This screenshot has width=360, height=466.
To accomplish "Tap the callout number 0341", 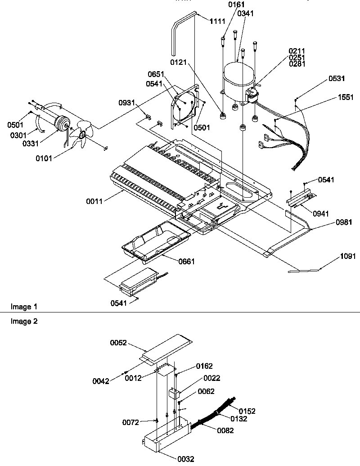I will click(246, 14).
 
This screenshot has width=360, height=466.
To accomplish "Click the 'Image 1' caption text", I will click(22, 307).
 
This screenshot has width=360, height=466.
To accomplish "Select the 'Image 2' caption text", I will click(22, 321).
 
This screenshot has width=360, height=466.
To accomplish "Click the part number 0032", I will click(185, 459).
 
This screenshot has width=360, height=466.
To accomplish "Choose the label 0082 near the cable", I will click(225, 430).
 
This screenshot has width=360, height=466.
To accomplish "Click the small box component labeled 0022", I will click(173, 393).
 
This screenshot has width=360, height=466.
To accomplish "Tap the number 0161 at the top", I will click(236, 5).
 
